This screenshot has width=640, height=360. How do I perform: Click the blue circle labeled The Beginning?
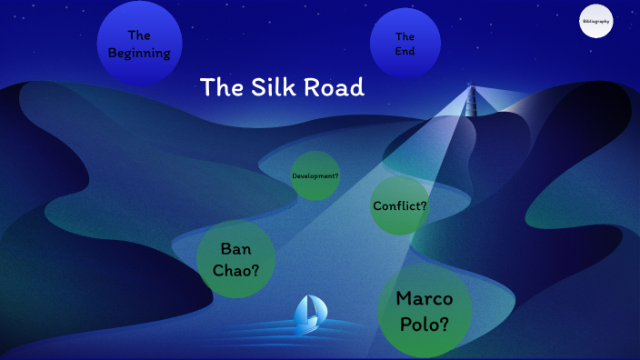pos(139,44)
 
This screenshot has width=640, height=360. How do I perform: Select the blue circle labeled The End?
pos(405,44)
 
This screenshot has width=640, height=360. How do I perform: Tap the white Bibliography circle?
pos(596,21)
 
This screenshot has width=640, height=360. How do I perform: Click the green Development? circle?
pos(315,175)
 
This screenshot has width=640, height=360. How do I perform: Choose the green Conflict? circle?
pos(400,205)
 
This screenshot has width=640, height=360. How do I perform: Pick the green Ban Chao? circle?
pos(236,259)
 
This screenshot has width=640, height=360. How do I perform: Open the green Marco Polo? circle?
pos(424,311)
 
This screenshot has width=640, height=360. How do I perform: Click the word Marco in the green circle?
pos(425,298)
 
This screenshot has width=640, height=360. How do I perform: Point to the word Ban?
pos(236,248)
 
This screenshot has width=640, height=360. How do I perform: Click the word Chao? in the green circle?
pos(236,270)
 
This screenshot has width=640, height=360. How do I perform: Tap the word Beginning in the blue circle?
pos(139,53)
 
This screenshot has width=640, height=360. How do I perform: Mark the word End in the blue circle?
pos(405,52)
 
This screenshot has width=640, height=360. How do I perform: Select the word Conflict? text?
pos(400,205)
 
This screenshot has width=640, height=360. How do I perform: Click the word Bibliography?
pos(596,21)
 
